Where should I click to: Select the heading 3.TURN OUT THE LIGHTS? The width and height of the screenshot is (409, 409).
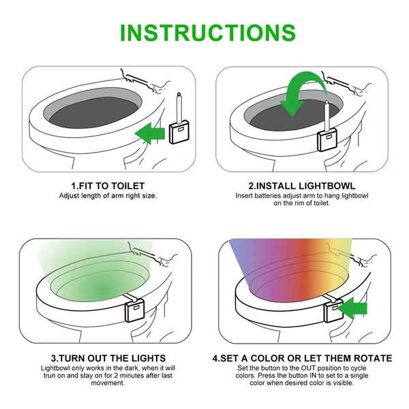(108, 358)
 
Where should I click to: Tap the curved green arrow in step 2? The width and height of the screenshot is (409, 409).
(301, 95)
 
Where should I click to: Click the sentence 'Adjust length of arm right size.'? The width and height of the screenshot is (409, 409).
(108, 196)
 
